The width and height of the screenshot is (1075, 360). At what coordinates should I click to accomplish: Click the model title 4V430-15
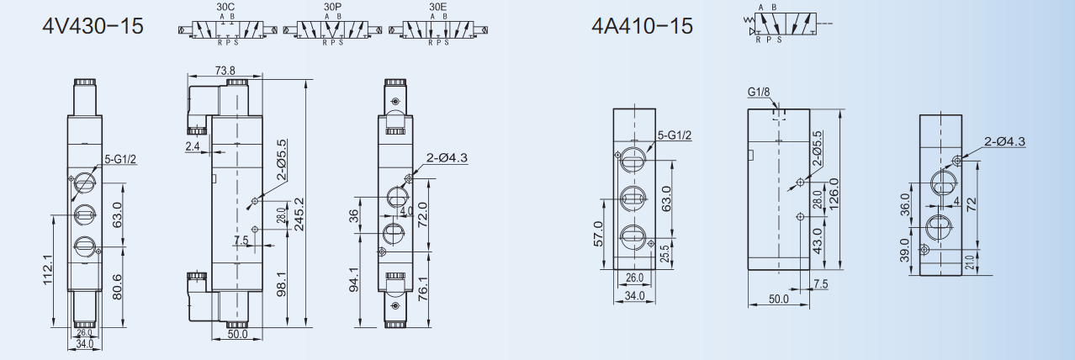[93, 25]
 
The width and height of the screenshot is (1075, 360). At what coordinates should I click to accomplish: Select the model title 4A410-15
[642, 25]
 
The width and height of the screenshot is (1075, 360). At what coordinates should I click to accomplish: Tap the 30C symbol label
[225, 7]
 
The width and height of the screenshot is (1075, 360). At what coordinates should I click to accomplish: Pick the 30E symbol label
[438, 7]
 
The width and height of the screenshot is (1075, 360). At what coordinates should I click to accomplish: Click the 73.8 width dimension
[225, 71]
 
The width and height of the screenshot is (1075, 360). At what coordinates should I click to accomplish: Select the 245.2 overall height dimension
[299, 214]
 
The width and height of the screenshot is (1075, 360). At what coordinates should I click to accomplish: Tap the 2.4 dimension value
[193, 146]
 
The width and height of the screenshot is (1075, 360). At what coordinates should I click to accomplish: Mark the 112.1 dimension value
[48, 270]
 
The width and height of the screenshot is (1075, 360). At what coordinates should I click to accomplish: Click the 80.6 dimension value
[117, 287]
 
